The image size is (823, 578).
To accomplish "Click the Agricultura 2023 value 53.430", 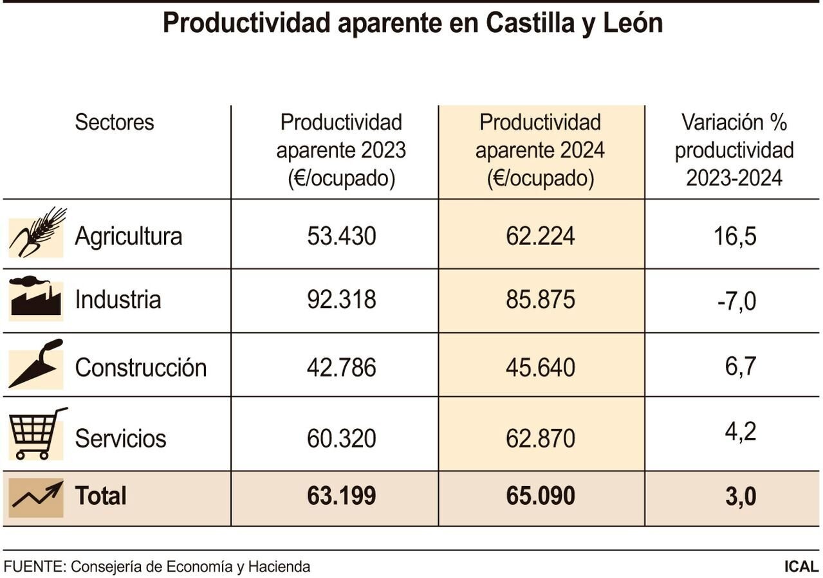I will click(341, 236).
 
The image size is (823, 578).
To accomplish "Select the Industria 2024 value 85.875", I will click(541, 300).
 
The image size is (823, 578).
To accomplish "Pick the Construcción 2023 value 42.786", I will click(341, 368).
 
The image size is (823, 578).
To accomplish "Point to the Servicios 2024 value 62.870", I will click(541, 438).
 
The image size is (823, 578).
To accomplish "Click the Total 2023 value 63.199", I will click(341, 496).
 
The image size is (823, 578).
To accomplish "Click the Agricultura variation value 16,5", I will click(734, 236).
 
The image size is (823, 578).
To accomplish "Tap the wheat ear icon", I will click(37, 232).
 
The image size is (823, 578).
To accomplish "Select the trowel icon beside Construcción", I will click(36, 364).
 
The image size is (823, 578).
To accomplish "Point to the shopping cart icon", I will click(37, 434).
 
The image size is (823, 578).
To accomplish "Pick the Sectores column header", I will click(115, 122).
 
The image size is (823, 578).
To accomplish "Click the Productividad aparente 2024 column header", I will click(541, 150).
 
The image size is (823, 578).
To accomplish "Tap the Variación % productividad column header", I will click(734, 150).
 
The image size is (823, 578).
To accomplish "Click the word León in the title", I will click(633, 24).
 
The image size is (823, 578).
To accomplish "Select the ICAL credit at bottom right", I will click(800, 567).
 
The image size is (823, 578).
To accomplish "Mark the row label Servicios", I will click(120, 438).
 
